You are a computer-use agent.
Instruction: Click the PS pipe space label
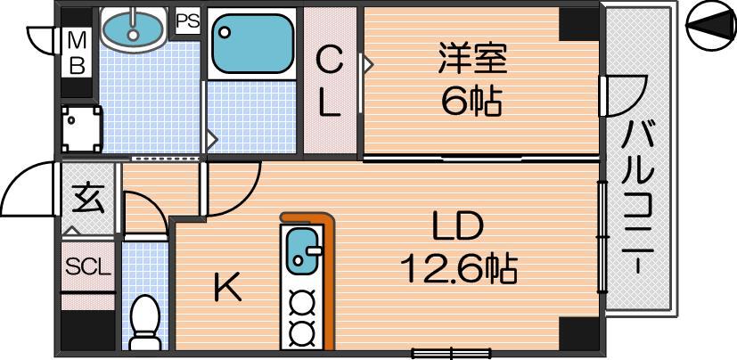click(188, 21)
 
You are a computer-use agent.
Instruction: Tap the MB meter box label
click(77, 53)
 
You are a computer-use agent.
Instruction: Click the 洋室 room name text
click(472, 58)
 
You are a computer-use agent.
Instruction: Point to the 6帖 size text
click(471, 101)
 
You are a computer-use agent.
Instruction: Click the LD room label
click(458, 227)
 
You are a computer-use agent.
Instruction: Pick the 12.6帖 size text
click(459, 268)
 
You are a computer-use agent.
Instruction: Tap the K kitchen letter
click(228, 287)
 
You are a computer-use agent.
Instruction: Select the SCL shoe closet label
click(88, 267)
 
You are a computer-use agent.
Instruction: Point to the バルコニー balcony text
click(637, 196)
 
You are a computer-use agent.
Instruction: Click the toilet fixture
click(144, 323)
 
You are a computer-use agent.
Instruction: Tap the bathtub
click(253, 44)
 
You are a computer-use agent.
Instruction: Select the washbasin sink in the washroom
click(134, 29)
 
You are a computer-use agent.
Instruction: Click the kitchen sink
click(301, 250)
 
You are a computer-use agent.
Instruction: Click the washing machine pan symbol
click(81, 128)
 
